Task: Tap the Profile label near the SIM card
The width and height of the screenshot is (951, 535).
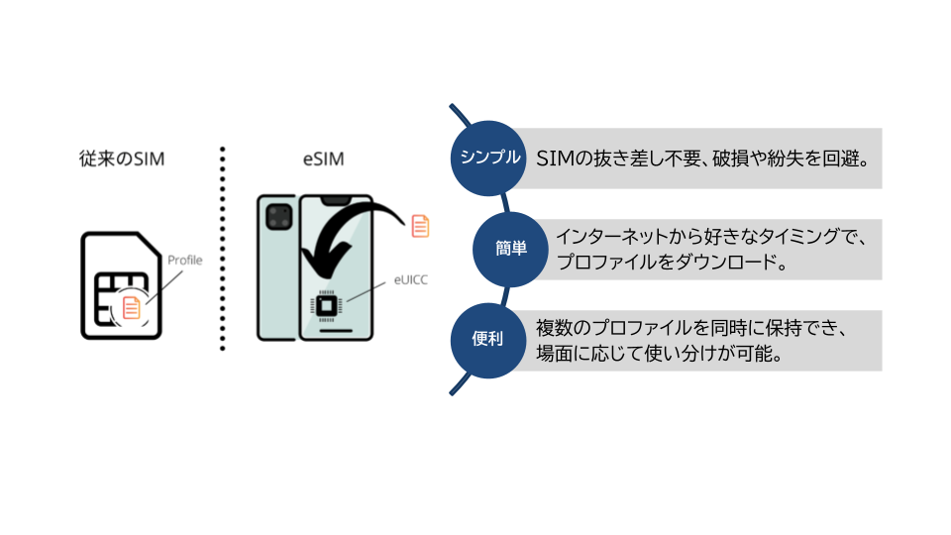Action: point(184,260)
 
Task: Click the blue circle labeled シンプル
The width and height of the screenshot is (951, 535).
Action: point(486,157)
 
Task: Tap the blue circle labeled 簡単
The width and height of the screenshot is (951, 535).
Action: point(512,249)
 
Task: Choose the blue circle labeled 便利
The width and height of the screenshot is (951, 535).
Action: point(486,340)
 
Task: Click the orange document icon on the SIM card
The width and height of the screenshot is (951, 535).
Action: point(131,308)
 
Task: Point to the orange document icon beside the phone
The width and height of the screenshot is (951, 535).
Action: point(420,225)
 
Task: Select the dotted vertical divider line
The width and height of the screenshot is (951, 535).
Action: point(223,248)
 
